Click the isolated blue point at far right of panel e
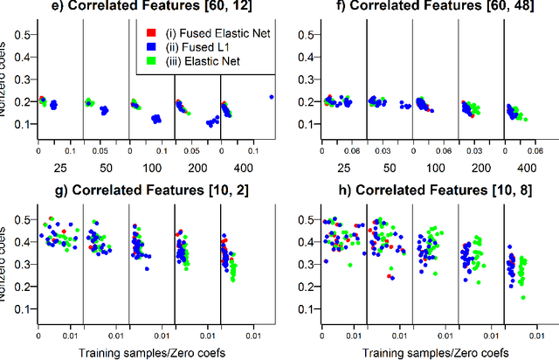tap(272, 97)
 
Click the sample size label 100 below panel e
tap(153, 165)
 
